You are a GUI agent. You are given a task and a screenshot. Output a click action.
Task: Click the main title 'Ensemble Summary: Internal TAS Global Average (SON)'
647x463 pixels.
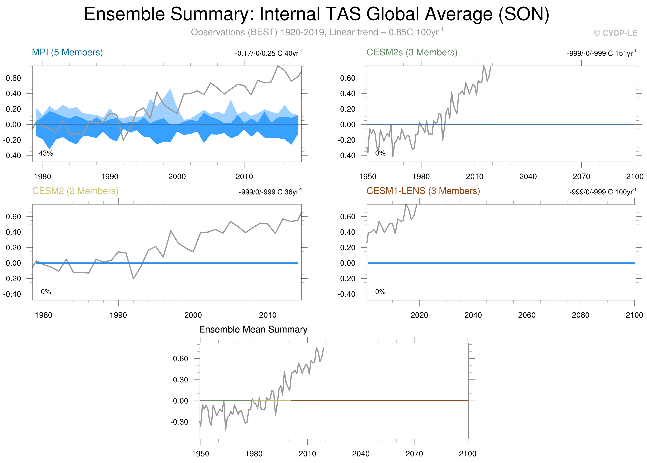click(316, 14)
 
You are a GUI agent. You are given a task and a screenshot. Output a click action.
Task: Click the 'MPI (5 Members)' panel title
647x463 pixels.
click(67, 52)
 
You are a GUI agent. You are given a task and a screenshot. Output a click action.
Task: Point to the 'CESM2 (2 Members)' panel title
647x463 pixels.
click(75, 191)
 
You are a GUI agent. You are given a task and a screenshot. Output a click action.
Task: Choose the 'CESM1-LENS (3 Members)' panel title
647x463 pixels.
click(423, 191)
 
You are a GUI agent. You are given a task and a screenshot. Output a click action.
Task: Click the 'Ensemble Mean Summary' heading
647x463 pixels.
click(253, 330)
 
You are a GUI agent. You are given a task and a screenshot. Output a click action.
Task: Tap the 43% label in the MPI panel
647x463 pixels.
click(46, 153)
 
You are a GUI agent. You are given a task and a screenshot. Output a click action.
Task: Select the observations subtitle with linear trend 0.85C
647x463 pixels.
click(317, 32)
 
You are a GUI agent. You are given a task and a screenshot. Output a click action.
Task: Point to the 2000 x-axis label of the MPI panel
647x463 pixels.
click(177, 177)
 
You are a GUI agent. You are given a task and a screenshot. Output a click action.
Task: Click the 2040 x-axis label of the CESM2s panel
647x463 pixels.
click(528, 177)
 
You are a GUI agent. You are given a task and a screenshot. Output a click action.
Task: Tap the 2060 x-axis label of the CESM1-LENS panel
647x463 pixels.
click(527, 315)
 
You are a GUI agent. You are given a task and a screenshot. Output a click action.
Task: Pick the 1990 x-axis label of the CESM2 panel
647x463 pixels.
click(118, 315)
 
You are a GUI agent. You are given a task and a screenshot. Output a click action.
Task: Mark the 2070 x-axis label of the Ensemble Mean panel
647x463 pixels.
click(414, 454)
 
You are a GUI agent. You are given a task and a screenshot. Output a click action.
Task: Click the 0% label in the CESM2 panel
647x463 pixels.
click(46, 292)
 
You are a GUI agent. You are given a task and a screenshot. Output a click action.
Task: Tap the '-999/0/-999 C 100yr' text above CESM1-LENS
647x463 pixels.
click(602, 192)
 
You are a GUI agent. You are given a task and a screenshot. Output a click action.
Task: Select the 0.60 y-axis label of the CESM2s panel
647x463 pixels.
click(347, 78)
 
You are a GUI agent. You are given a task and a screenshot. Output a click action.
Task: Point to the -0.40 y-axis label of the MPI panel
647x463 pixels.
click(12, 156)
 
